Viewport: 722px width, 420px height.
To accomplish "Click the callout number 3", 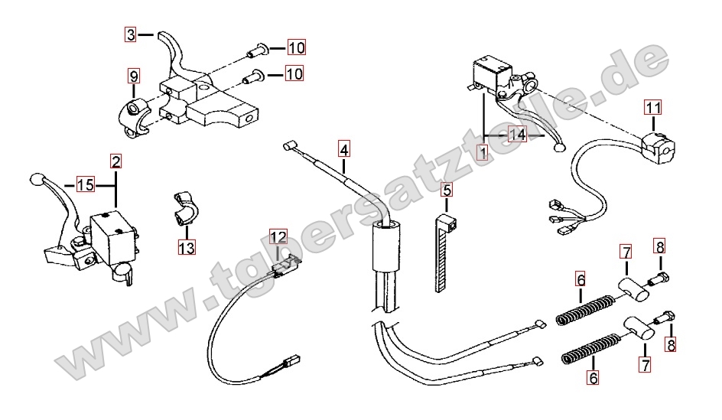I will click(x=132, y=34).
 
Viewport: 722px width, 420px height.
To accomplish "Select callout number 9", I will click(x=133, y=77).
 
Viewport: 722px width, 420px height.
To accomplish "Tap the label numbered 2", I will click(x=115, y=161).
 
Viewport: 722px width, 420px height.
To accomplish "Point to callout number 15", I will click(x=85, y=184).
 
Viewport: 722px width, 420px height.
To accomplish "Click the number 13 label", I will click(x=187, y=247).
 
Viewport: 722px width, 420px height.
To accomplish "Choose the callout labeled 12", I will click(x=278, y=238).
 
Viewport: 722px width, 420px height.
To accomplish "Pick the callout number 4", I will click(x=344, y=148).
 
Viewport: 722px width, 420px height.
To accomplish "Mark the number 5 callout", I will click(x=447, y=190).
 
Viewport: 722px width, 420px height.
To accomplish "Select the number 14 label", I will click(x=518, y=135).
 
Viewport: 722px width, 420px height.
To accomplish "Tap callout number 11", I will click(x=652, y=108).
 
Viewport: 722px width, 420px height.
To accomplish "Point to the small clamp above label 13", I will click(x=181, y=209).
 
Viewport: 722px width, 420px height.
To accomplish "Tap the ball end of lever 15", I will click(x=34, y=180).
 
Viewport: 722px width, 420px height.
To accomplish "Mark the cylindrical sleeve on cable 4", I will click(x=386, y=248).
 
